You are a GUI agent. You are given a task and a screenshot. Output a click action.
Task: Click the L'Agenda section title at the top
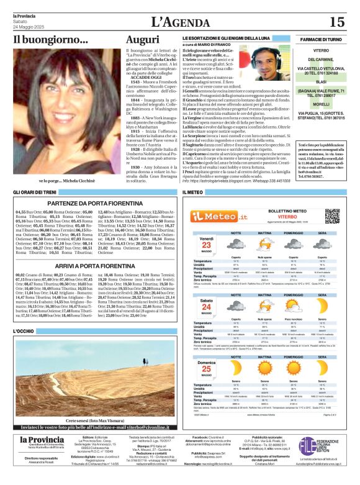coord(179,22)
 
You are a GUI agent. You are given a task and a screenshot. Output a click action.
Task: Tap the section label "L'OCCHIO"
coord(24,332)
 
